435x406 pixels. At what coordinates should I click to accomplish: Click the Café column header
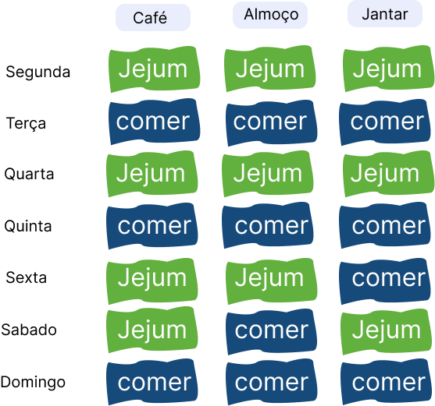pos(153,17)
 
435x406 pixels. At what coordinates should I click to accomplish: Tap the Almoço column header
pos(270,15)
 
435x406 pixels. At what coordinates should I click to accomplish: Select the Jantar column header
pos(385,14)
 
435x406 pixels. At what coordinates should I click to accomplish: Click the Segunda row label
pos(38,72)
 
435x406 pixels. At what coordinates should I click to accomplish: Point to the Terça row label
pos(26,123)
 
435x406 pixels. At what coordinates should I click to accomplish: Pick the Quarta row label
pos(29,175)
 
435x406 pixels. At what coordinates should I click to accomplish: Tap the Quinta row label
pos(28,226)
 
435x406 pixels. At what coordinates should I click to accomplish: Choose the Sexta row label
pos(26,277)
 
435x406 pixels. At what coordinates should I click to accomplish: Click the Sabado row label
pos(29,330)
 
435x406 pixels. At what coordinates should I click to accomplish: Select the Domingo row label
pos(33,383)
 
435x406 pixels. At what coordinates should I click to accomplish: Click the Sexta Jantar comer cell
pos(385,281)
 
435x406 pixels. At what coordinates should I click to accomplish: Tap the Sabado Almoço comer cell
pos(272,331)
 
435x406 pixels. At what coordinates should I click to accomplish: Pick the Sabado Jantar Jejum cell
pos(387,331)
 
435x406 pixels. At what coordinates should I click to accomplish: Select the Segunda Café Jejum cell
pos(155,69)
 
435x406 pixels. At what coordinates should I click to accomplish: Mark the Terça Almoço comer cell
pos(272,123)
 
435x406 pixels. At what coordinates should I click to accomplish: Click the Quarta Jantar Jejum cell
pos(389,174)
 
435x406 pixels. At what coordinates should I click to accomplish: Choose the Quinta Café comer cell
pos(152,226)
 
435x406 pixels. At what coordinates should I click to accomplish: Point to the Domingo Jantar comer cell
pos(387,382)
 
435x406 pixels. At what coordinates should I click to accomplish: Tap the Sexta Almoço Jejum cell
pos(272,281)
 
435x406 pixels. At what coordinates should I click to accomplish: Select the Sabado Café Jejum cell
pos(152,330)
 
